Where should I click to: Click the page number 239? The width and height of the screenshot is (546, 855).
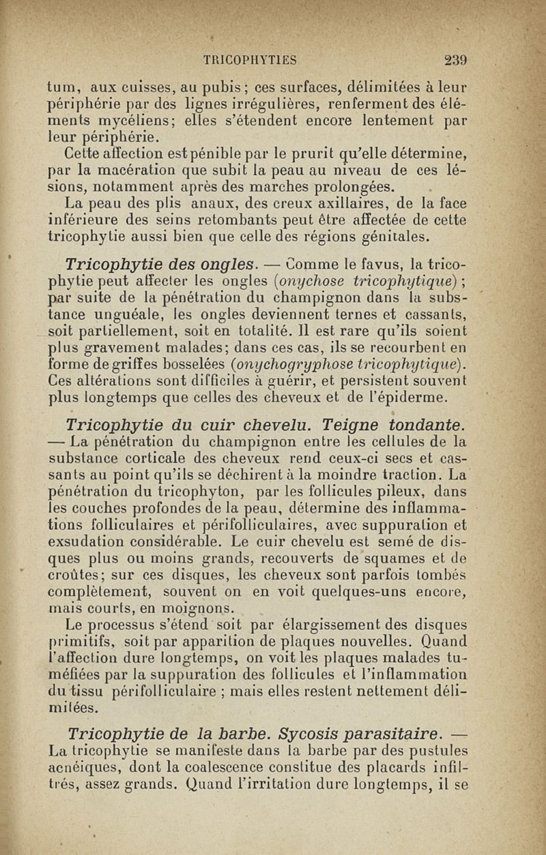coord(454,59)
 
